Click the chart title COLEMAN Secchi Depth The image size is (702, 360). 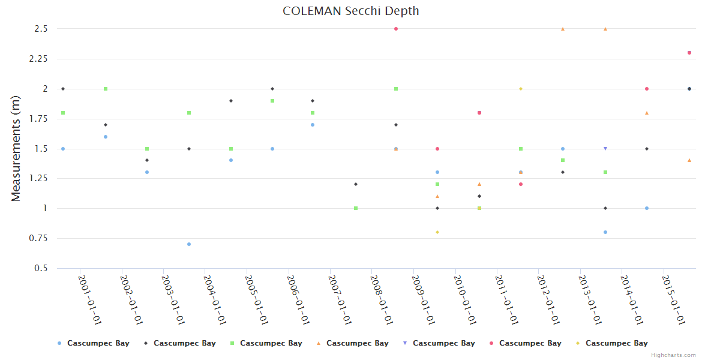coord(351,11)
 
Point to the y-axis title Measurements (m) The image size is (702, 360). coord(16,149)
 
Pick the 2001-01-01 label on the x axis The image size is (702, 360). coord(89,299)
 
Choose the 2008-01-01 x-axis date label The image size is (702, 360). coord(382,299)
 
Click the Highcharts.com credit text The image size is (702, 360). coord(674,355)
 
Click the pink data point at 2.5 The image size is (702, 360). coord(396,29)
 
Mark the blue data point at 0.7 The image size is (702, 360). coord(189,244)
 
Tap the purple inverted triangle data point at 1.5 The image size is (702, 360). coord(605,149)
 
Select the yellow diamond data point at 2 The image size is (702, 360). coord(521,89)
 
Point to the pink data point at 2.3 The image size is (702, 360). coord(689,53)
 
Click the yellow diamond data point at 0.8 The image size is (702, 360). coord(437,232)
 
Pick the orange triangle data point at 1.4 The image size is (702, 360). coord(689,160)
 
